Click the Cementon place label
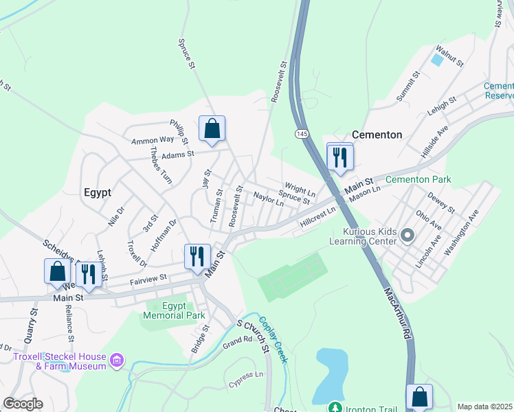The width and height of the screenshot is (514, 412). (x=377, y=135)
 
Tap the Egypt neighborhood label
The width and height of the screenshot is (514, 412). (x=98, y=193)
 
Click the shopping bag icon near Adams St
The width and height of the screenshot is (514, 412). (x=212, y=128)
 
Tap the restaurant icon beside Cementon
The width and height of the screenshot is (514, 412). (x=339, y=157)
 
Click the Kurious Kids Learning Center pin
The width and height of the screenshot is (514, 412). (x=407, y=236)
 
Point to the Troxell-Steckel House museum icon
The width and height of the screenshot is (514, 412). (x=117, y=360)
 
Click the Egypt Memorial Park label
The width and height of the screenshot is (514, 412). (x=174, y=311)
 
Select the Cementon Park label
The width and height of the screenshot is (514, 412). (x=418, y=180)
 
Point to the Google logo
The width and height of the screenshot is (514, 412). (x=22, y=404)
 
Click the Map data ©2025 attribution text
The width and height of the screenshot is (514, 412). (x=485, y=407)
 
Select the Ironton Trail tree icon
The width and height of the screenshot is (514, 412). (x=335, y=408)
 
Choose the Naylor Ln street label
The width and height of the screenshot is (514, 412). (x=268, y=199)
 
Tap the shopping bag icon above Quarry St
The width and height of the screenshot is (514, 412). (x=57, y=271)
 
